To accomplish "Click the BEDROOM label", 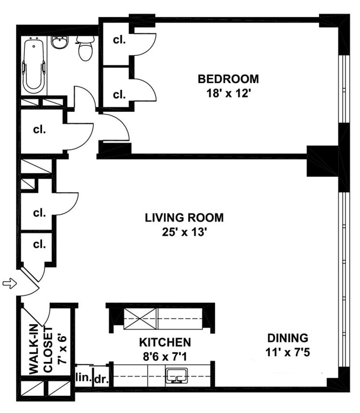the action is (228, 79).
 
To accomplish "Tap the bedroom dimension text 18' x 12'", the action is (228, 93).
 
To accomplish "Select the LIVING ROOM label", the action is (184, 218).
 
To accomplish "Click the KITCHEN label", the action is (165, 342).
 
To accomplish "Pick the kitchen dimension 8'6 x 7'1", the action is (165, 357).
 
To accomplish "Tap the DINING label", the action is (287, 338).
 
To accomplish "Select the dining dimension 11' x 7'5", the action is (287, 352).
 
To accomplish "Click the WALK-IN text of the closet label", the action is (33, 349).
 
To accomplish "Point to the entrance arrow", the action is (10, 283).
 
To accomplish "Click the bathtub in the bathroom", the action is (34, 65).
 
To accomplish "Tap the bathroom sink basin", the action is (59, 42).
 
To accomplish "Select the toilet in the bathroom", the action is (85, 48).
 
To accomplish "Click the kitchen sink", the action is (177, 376).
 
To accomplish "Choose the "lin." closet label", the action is (84, 377).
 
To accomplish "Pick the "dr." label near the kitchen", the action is (102, 379).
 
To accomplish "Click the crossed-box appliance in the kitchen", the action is (140, 319).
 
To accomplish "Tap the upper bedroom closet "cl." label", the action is (119, 40).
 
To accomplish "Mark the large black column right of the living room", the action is (322, 161).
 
